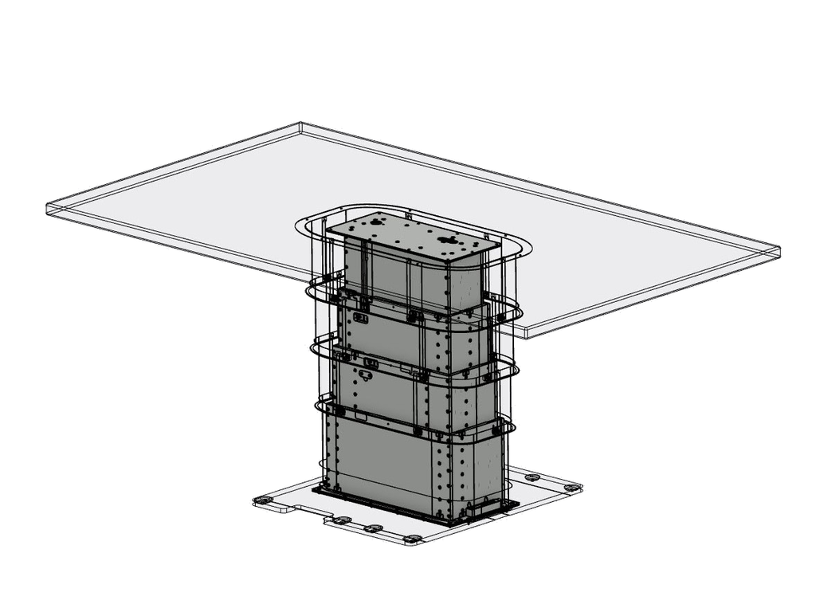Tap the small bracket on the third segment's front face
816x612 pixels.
point(370,363)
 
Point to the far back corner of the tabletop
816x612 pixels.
point(301,124)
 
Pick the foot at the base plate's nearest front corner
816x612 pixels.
point(413,539)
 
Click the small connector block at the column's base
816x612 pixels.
point(483,504)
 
